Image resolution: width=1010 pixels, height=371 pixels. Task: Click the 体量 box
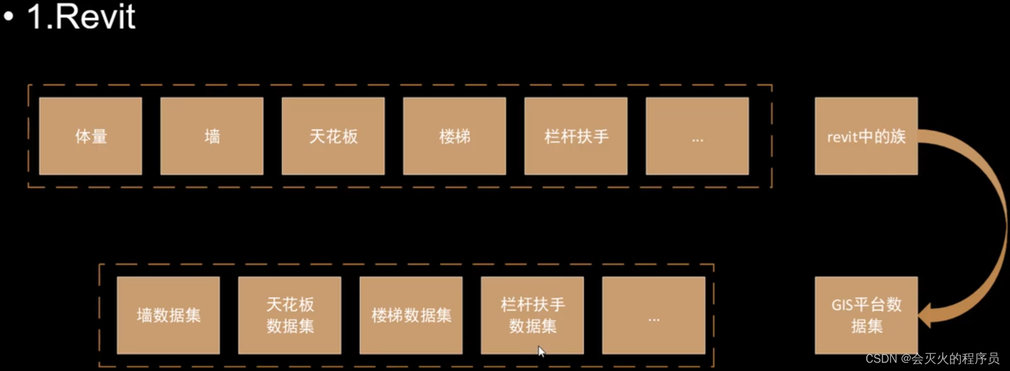[91, 136]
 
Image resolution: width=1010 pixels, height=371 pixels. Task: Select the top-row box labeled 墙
[211, 136]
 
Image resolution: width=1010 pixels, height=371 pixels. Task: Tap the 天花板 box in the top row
[333, 136]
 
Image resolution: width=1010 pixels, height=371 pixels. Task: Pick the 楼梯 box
[454, 136]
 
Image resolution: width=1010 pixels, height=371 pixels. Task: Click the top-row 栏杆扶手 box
[576, 136]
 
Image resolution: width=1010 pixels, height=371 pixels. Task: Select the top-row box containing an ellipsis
[697, 136]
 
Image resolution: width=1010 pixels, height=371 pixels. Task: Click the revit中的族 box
[866, 136]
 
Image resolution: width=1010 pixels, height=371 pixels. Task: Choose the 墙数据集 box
[168, 315]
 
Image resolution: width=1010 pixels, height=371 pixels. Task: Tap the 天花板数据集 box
[289, 315]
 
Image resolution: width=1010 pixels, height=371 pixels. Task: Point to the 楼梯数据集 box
[411, 315]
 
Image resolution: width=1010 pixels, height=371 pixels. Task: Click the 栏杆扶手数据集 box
[532, 315]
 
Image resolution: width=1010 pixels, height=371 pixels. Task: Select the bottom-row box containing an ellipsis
[653, 315]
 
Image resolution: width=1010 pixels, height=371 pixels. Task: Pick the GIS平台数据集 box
[866, 315]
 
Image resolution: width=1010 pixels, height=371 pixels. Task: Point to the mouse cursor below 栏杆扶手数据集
[541, 351]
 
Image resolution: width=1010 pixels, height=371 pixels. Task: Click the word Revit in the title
[96, 16]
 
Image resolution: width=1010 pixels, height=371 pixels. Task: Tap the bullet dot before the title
[9, 17]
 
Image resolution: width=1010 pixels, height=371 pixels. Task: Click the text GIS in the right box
[843, 305]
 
